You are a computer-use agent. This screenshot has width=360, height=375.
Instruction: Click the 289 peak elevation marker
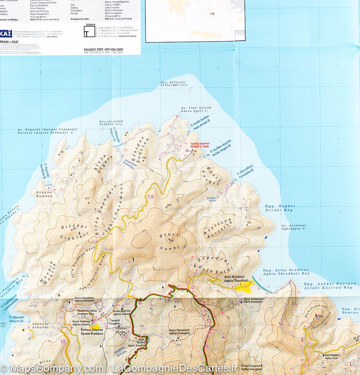point(169,205)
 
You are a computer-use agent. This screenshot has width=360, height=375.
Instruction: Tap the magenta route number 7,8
point(150,197)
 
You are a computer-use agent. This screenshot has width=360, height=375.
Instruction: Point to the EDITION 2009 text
point(104,49)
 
